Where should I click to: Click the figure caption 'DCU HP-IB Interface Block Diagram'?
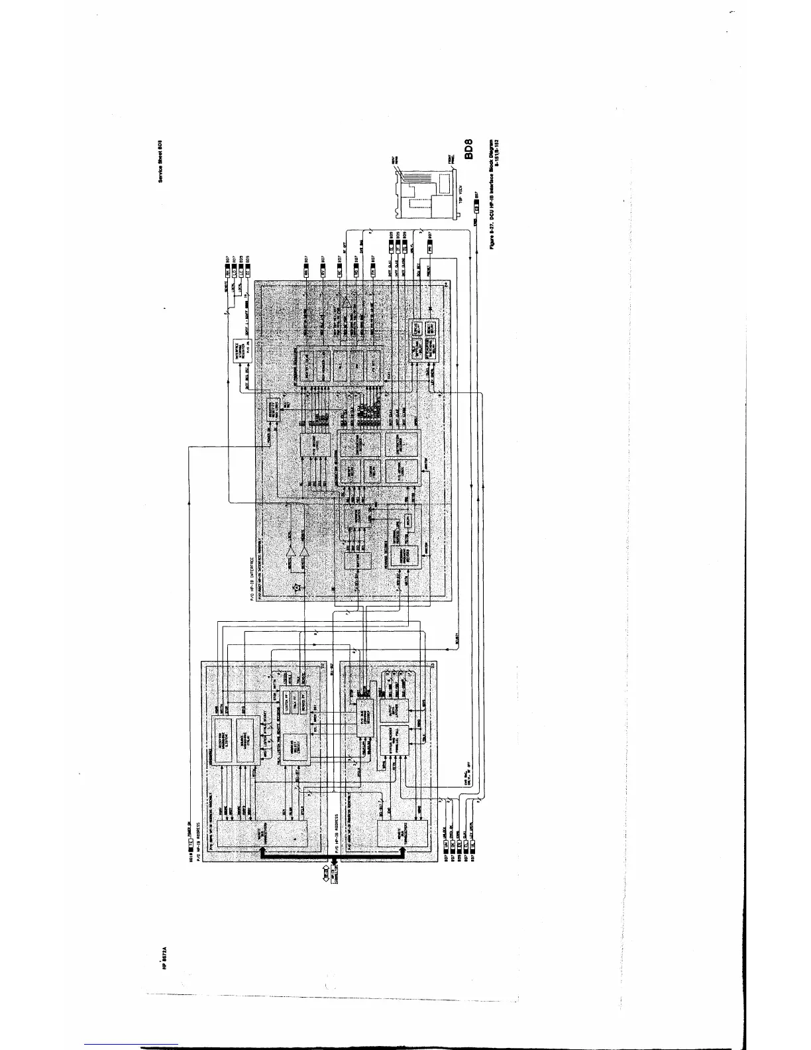coord(492,192)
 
